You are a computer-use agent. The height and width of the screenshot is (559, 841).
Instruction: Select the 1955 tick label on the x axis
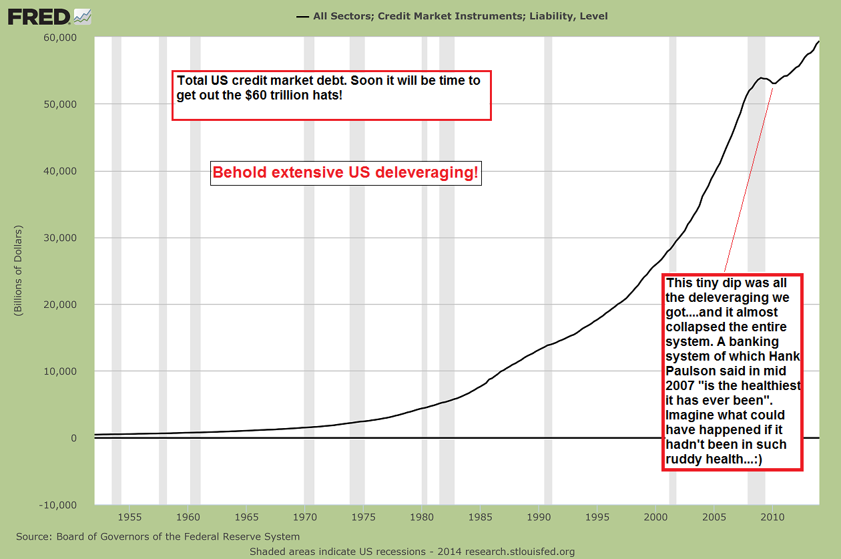click(x=131, y=517)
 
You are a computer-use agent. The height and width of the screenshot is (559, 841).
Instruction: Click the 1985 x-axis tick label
click(x=479, y=517)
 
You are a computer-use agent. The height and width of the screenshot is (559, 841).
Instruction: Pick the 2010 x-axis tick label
click(x=772, y=517)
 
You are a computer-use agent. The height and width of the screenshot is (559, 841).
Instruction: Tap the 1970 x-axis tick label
click(x=304, y=517)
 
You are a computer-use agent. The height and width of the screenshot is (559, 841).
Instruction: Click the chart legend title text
click(x=460, y=16)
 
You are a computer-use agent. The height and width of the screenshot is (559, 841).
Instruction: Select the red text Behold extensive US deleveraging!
click(x=345, y=173)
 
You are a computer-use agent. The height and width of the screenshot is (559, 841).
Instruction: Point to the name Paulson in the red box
click(x=687, y=371)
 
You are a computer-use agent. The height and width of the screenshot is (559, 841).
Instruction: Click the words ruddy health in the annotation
click(x=705, y=459)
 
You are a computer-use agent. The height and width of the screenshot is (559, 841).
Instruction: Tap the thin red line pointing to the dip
click(x=748, y=180)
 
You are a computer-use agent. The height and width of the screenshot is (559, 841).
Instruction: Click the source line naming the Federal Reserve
click(x=158, y=536)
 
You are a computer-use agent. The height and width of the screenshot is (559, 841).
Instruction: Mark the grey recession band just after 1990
click(x=548, y=267)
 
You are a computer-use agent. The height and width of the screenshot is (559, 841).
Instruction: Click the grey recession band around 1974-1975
click(x=357, y=267)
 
